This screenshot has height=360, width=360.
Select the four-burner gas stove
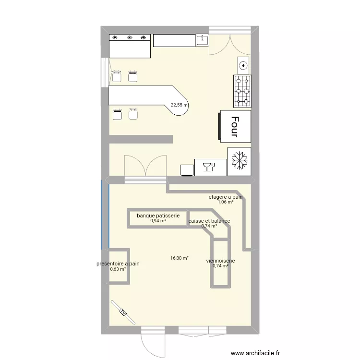[x=242, y=91]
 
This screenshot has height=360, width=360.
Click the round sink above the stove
[x=243, y=63]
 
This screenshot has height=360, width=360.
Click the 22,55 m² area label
[x=180, y=105]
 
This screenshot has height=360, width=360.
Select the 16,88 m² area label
[x=180, y=258]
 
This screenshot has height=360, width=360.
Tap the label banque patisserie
[x=158, y=216]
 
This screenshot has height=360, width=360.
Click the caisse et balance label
[x=209, y=221]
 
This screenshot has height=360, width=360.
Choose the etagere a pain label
[x=225, y=197]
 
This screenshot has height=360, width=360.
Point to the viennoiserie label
[x=220, y=261]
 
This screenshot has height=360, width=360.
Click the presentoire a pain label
[x=118, y=264]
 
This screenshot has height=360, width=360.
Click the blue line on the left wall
[x=101, y=214]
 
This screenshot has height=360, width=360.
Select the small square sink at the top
[x=202, y=40]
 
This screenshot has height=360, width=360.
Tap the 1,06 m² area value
[x=226, y=202]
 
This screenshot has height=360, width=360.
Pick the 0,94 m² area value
[x=158, y=221]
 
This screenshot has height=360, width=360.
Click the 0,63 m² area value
[x=118, y=269]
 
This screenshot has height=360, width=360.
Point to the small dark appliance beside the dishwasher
[x=187, y=169]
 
